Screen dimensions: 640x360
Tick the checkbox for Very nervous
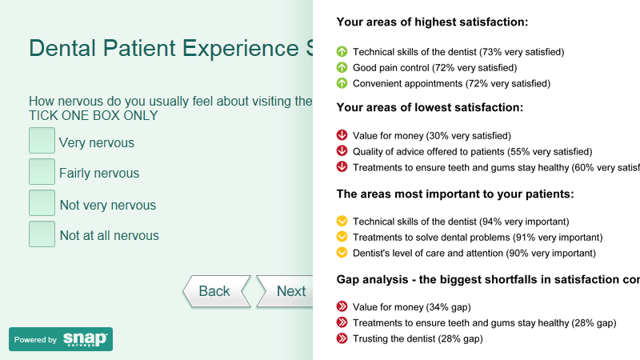point(42,141)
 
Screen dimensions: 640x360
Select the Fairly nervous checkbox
point(42,171)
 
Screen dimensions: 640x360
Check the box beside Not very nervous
point(42,202)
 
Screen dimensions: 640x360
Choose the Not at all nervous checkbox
point(42,234)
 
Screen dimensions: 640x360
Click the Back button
point(216,291)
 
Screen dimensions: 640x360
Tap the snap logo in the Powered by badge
point(86,339)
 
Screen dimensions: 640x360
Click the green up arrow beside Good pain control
point(342,67)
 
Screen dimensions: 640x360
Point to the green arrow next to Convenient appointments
point(342,83)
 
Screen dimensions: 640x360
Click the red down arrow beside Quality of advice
point(342,151)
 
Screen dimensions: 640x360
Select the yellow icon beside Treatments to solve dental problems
point(342,237)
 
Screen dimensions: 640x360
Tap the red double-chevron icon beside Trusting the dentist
point(342,338)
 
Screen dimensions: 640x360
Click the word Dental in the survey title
point(62,48)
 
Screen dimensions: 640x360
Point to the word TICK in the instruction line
point(44,116)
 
